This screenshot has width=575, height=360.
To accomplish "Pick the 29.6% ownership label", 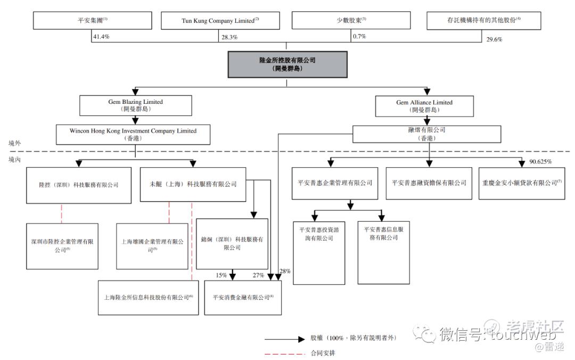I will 494,39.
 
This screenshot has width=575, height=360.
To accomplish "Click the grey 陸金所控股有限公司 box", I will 287,64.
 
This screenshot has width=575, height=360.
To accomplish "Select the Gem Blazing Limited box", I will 135,105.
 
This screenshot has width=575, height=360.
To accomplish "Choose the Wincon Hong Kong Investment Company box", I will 133,134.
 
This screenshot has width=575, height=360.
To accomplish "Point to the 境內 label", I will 15,160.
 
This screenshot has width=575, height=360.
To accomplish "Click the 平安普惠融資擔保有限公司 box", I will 429,183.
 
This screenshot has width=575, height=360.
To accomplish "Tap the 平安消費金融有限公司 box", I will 242,297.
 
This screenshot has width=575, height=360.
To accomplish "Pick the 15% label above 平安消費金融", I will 221,275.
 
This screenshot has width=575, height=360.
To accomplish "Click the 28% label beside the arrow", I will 285,272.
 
